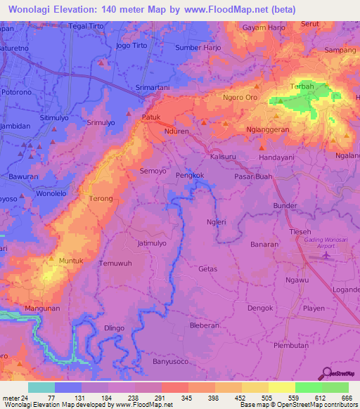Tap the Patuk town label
click(152, 117)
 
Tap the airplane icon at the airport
click(325, 254)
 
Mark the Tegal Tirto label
click(86, 26)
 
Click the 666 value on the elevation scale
click(347, 397)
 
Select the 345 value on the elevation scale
click(187, 397)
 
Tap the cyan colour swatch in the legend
click(41, 387)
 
